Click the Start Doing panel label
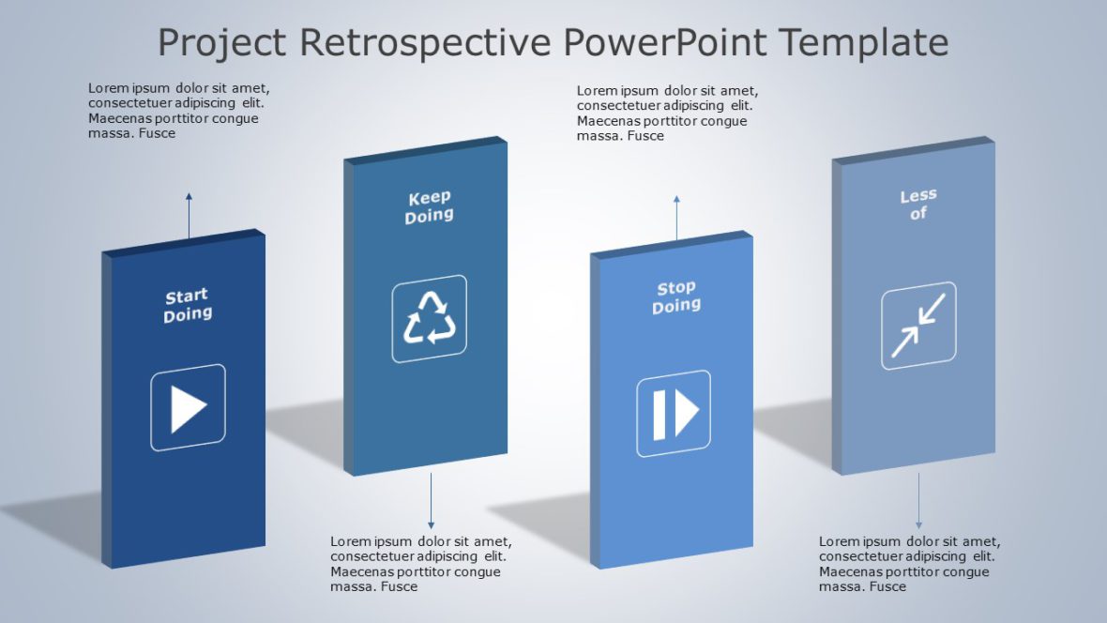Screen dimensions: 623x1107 pyautogui.click(x=188, y=306)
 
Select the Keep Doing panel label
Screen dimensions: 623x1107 pyautogui.click(x=430, y=206)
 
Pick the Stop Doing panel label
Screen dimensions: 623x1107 pyautogui.click(x=676, y=296)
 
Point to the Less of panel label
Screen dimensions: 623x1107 pyautogui.click(x=918, y=205)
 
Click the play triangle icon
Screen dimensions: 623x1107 pyautogui.click(x=189, y=408)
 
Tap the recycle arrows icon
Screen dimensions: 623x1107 pyautogui.click(x=430, y=318)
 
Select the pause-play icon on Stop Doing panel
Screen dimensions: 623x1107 pyautogui.click(x=675, y=414)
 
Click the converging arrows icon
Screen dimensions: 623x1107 pyautogui.click(x=918, y=326)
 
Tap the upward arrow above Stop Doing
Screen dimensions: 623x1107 pyautogui.click(x=676, y=218)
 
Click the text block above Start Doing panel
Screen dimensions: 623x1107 pyautogui.click(x=178, y=111)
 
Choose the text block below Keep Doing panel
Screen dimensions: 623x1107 pyautogui.click(x=421, y=564)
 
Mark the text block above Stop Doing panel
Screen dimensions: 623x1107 pyautogui.click(x=667, y=114)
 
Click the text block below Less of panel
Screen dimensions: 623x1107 pyautogui.click(x=909, y=564)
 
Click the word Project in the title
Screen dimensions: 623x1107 pyautogui.click(x=221, y=43)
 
